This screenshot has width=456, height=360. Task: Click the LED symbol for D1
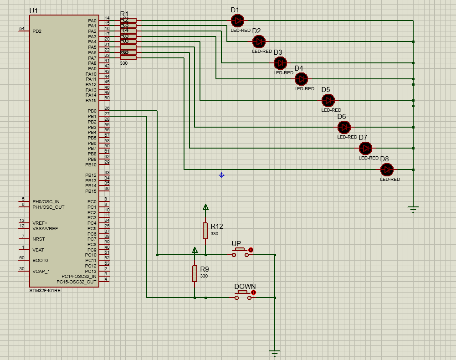(x=237, y=21)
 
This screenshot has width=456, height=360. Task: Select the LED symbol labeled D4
(x=301, y=79)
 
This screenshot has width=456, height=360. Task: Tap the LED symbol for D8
(x=387, y=170)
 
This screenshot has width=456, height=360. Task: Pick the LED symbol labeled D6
(x=344, y=127)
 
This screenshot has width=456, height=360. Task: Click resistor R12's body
(x=205, y=231)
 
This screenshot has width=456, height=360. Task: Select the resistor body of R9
(x=195, y=273)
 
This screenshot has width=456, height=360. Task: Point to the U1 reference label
(x=34, y=10)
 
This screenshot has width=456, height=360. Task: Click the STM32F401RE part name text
(x=45, y=291)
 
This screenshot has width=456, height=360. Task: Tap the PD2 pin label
(x=37, y=31)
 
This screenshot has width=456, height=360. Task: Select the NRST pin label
(x=39, y=239)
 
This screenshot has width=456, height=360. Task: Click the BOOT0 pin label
(x=40, y=261)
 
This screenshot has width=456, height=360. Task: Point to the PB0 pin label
(x=92, y=111)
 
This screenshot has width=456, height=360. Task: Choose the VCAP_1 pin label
(x=41, y=271)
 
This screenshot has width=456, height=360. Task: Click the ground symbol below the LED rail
(x=413, y=210)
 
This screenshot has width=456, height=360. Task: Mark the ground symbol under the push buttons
(x=275, y=353)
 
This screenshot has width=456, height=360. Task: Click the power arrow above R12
(x=205, y=207)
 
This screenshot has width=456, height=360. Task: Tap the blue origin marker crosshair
(x=221, y=175)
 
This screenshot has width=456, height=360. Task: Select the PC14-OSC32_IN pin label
(x=79, y=277)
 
